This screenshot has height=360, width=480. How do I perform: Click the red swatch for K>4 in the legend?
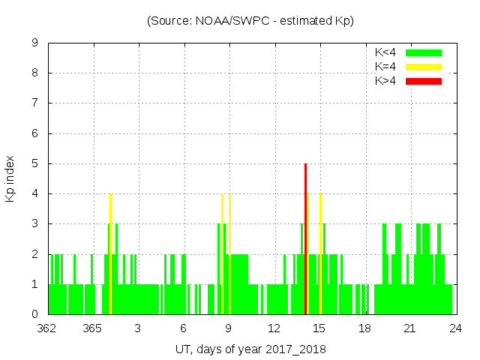[x=424, y=80]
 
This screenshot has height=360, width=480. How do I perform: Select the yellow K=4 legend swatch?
[x=424, y=67]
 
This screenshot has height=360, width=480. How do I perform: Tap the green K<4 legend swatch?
[x=424, y=52]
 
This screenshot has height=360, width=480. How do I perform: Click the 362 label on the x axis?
[x=49, y=328]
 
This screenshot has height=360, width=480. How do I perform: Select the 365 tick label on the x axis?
[x=93, y=328]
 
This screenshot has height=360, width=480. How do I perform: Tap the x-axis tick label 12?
[x=274, y=328]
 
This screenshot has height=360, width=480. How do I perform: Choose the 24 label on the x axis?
[x=455, y=328]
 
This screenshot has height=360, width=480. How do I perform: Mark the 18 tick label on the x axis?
[x=364, y=328]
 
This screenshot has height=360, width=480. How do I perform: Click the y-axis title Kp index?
[x=10, y=178]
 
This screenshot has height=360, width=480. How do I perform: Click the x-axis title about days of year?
[x=250, y=349]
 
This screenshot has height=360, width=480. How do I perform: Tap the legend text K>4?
[x=385, y=80]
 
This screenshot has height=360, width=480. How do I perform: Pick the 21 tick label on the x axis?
[x=410, y=328]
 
